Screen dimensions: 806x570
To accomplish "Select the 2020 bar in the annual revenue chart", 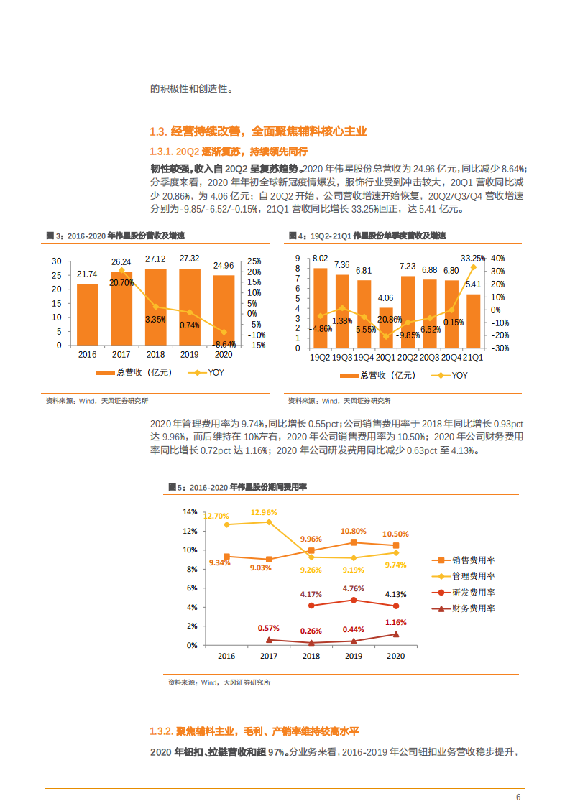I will coord(224,310).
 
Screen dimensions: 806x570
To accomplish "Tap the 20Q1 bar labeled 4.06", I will coord(386,328).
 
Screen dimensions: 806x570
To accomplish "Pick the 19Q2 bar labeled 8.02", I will coord(320,308).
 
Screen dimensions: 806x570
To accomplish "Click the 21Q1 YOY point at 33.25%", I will coord(473,267).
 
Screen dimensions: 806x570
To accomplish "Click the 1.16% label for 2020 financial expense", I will coord(395,622).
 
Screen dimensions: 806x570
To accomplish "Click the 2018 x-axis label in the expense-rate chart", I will coord(311,656).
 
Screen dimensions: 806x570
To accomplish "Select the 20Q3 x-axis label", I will coord(430,357).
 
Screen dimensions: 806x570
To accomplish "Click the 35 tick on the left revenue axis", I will coord(57,261).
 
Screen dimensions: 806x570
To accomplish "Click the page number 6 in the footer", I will coord(518,797).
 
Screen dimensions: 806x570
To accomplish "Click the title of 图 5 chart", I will coord(237,487).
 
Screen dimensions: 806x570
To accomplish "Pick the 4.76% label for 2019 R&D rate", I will coord(354,588).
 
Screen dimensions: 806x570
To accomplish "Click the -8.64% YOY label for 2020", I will coord(225,344).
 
